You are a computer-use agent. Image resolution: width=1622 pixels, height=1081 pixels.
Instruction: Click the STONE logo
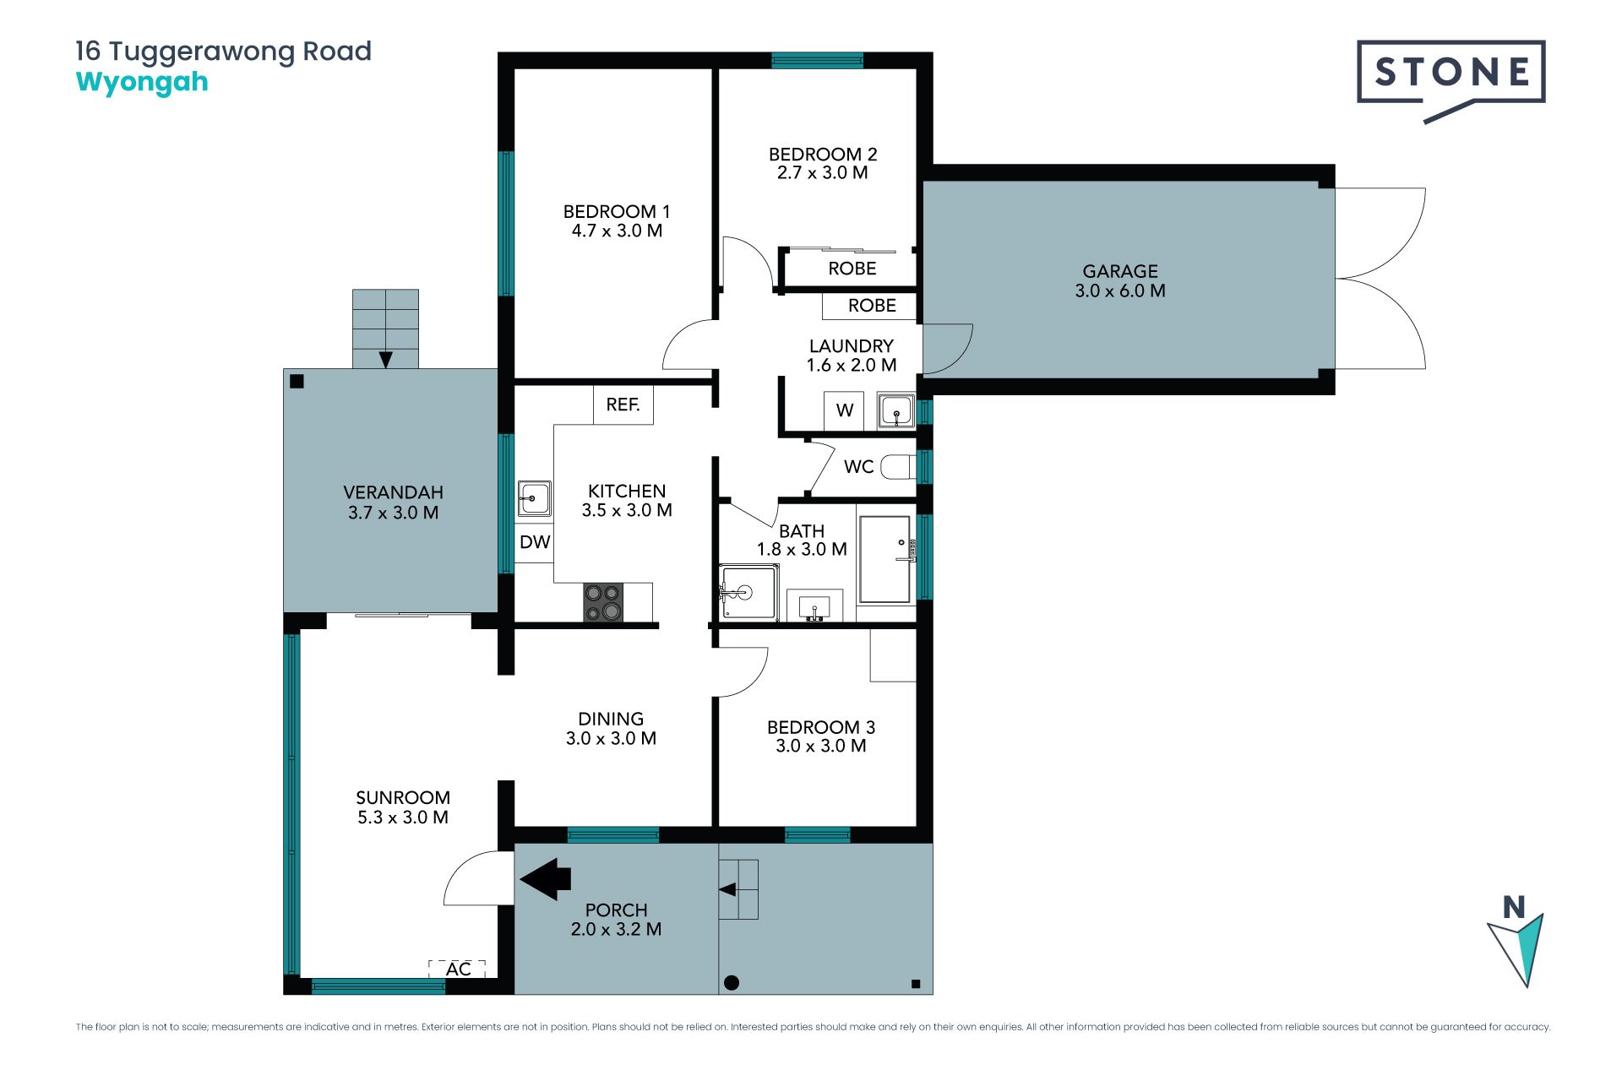coord(1451,80)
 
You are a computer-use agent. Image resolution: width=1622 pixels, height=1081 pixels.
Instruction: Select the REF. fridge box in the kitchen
coord(623,405)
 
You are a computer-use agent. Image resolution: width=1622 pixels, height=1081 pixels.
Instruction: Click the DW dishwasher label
coord(535,542)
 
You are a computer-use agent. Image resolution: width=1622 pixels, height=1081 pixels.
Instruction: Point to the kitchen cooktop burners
coord(603,602)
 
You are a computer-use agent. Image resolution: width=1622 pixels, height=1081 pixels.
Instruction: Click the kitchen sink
coord(534,498)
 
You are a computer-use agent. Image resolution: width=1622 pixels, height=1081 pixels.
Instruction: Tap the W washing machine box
coord(844,410)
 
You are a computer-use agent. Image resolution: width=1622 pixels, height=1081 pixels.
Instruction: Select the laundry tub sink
coord(895,410)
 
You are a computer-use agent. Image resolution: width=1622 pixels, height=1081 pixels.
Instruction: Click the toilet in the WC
coord(898,466)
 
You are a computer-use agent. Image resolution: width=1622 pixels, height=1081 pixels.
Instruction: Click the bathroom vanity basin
coord(814,606)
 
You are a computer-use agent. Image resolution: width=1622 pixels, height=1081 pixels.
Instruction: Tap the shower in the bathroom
coord(748,593)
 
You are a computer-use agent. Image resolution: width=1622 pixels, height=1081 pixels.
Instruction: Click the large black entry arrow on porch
coord(546,878)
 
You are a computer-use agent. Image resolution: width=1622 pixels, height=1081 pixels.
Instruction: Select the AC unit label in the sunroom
coord(458,969)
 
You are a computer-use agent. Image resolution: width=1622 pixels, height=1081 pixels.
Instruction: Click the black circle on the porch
coord(732,982)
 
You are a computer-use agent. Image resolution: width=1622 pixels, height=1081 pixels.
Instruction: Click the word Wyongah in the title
coord(142,83)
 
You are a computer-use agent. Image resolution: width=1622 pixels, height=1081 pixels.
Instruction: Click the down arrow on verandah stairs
coord(385,360)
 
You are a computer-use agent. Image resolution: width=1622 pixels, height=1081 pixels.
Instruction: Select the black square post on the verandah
coord(297,382)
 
